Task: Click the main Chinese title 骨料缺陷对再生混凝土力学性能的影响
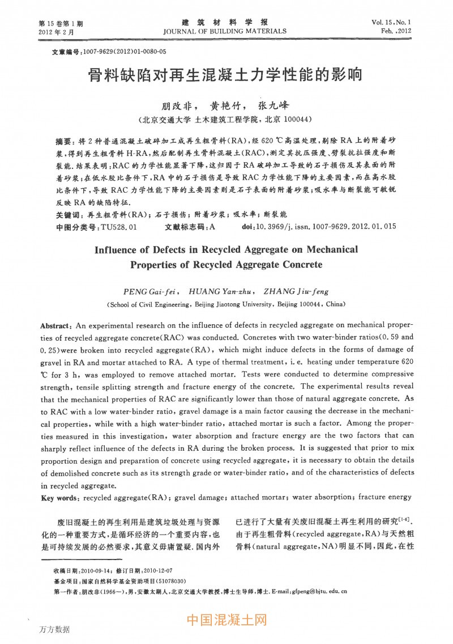click(x=225, y=76)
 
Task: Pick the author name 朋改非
click(x=173, y=106)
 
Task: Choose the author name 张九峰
click(x=273, y=106)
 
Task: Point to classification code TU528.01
click(x=118, y=227)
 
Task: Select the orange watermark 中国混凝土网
click(x=226, y=620)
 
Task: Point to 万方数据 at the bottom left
click(x=55, y=629)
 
